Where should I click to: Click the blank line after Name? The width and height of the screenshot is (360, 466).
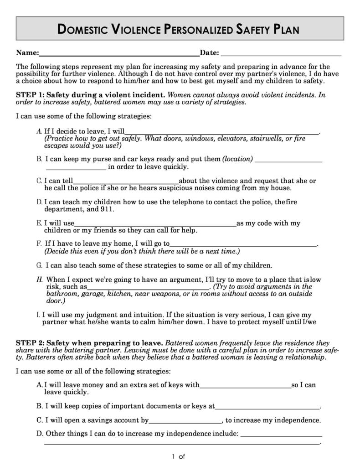pyautogui.click(x=119, y=54)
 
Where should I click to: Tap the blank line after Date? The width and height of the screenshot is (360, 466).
pyautogui.click(x=281, y=54)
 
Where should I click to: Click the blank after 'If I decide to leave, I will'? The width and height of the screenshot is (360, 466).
pyautogui.click(x=222, y=133)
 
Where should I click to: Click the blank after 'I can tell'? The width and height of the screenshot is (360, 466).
pyautogui.click(x=126, y=181)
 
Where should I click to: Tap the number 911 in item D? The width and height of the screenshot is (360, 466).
pyautogui.click(x=108, y=209)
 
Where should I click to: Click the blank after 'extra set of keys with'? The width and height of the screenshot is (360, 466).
pyautogui.click(x=245, y=386)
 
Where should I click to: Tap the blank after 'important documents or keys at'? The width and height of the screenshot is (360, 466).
pyautogui.click(x=267, y=407)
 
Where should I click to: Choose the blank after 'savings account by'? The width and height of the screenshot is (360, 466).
pyautogui.click(x=185, y=421)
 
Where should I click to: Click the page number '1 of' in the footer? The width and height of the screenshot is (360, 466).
pyautogui.click(x=178, y=456)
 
